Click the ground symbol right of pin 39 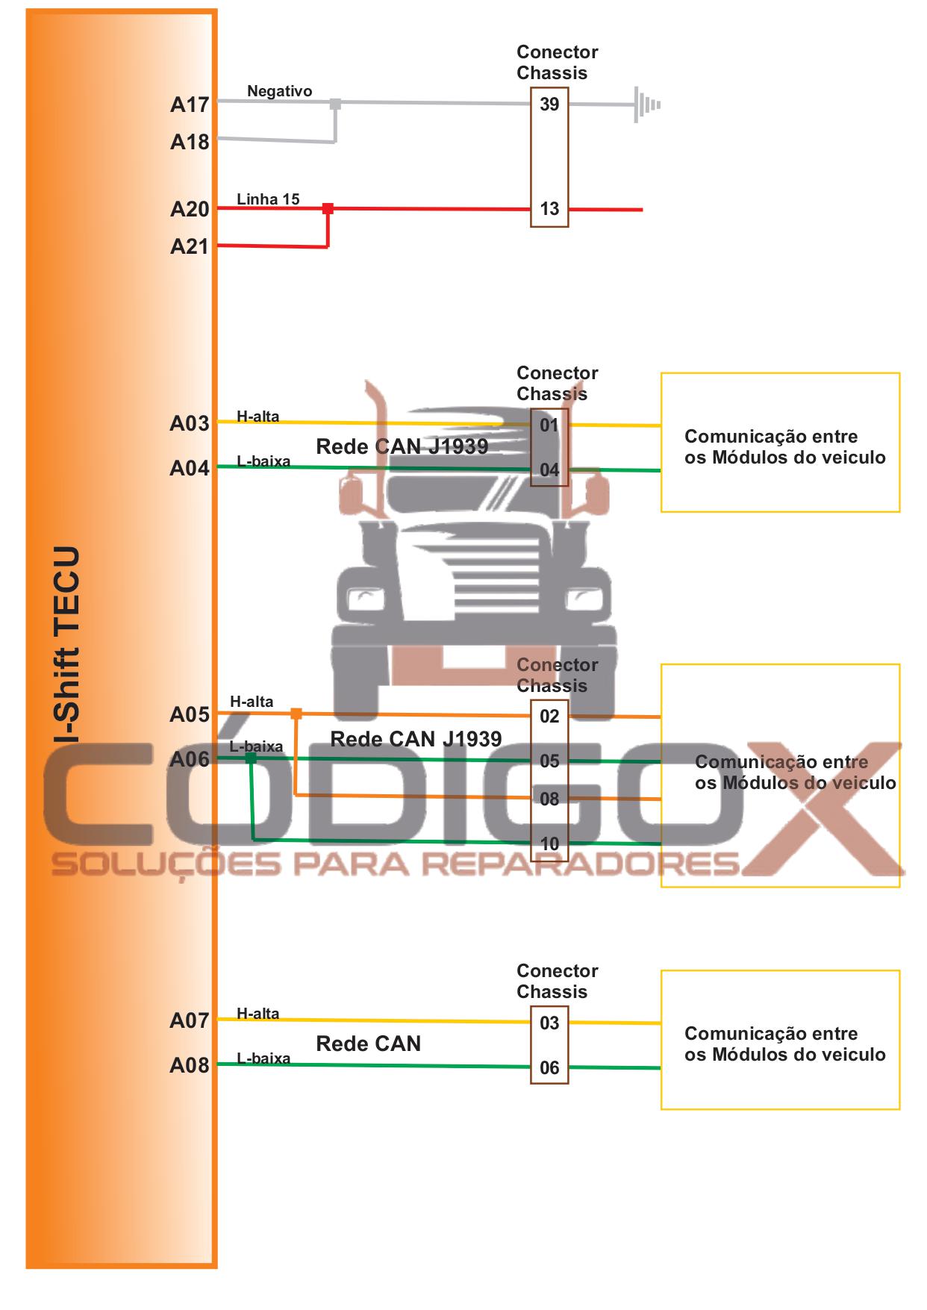[x=646, y=105]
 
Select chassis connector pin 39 [x=549, y=105]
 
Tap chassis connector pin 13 [x=549, y=209]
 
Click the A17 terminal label [x=190, y=105]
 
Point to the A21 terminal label [x=190, y=246]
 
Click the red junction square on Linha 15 [x=328, y=208]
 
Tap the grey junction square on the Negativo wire [x=335, y=104]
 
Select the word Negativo [x=279, y=91]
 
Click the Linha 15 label [x=268, y=199]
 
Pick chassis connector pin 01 [x=549, y=425]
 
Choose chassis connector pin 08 [x=549, y=799]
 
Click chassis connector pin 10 [x=549, y=844]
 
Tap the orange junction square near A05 [x=296, y=714]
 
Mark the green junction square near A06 [x=252, y=758]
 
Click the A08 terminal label [x=190, y=1065]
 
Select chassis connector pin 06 [x=549, y=1068]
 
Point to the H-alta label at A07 [x=257, y=1014]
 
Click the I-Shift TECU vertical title [x=68, y=645]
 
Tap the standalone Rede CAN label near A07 [x=369, y=1044]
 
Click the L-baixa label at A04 [x=263, y=461]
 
